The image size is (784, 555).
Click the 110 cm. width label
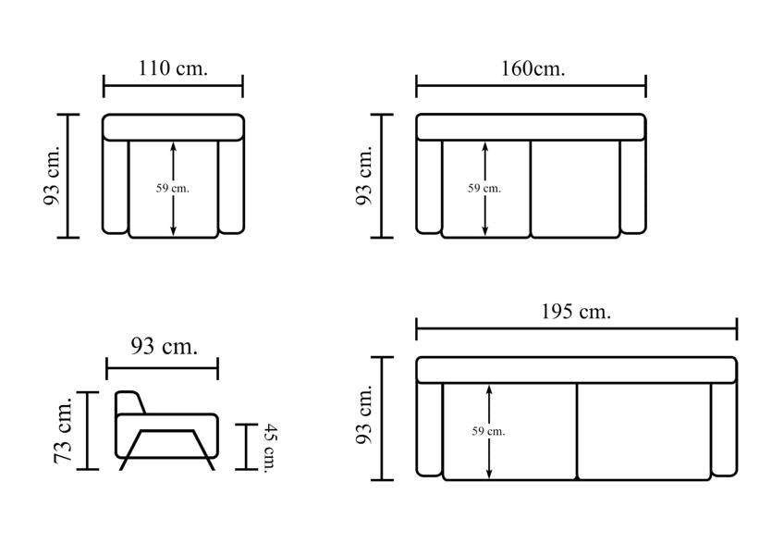(x=173, y=68)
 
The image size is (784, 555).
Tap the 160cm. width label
(x=533, y=68)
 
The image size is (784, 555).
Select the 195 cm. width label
(x=576, y=312)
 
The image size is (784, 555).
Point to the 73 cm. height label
(x=64, y=430)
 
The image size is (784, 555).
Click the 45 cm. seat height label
(x=270, y=448)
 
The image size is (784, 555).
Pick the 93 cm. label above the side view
(x=164, y=346)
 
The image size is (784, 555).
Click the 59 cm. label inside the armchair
(x=173, y=189)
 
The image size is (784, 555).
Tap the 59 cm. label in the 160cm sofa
(x=484, y=189)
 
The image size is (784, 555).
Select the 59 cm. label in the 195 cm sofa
(x=488, y=431)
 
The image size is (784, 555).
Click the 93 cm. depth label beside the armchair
(x=53, y=176)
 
